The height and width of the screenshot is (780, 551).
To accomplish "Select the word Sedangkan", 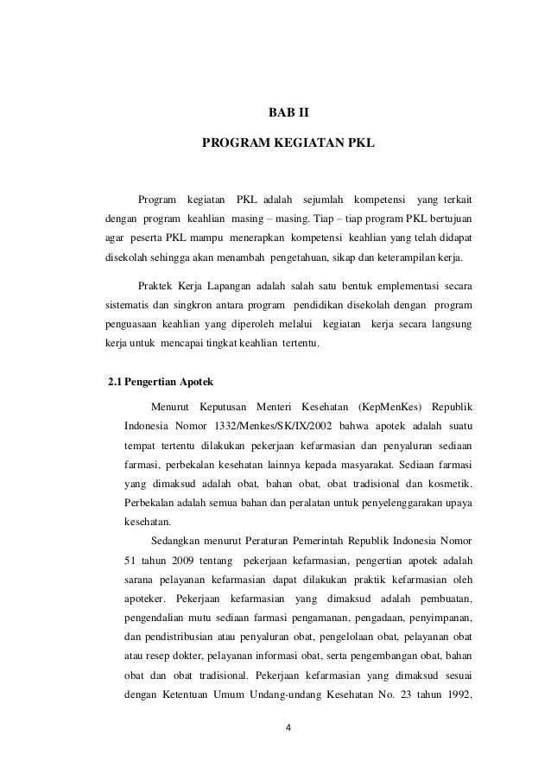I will coord(175,541).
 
